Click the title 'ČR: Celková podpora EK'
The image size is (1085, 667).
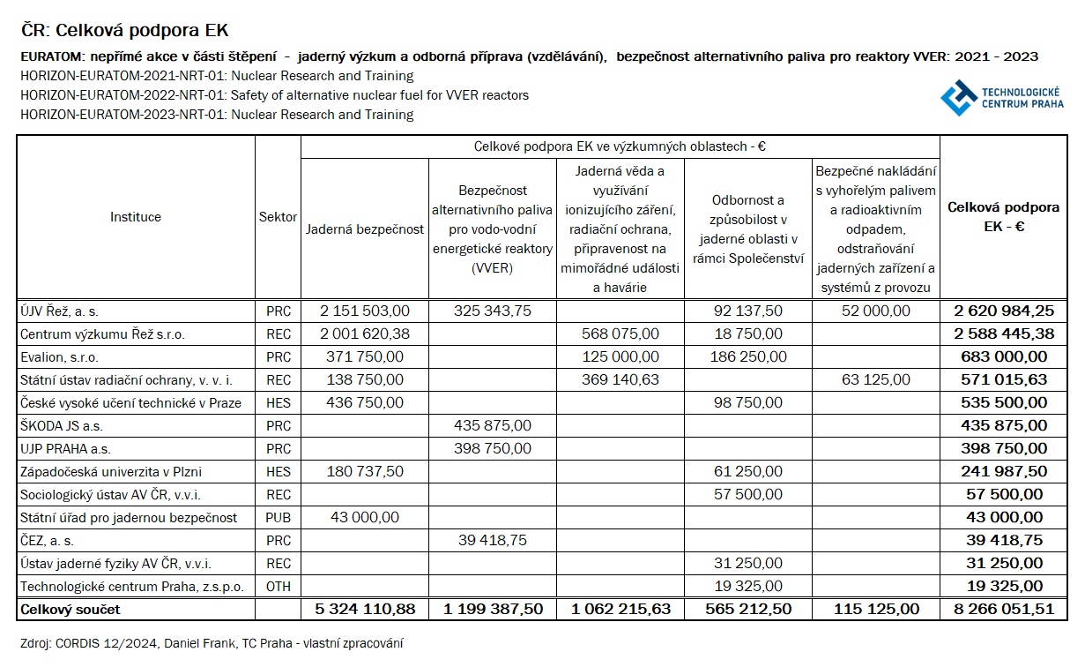124,31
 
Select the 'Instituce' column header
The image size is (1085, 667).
136,216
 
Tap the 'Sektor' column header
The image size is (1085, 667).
278,216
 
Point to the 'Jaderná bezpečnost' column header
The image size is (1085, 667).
365,229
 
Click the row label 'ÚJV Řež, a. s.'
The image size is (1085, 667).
60,311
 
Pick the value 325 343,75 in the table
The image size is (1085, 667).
493,311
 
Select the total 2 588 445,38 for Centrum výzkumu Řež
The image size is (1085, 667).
1004,333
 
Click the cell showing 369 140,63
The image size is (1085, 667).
620,379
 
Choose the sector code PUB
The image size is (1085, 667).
278,517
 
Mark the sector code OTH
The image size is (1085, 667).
278,586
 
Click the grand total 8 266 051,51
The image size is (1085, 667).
1004,609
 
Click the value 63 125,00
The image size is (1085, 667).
875,379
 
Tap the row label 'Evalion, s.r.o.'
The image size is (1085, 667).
59,356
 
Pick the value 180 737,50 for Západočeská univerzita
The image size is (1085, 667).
365,471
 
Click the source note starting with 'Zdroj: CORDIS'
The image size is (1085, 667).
212,644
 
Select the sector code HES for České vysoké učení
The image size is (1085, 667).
278,402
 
